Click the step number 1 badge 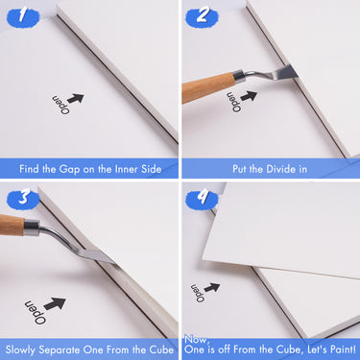click(x=24, y=14)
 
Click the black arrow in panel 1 click(x=75, y=98)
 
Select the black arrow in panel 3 click(x=55, y=303)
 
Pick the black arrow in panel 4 click(x=211, y=287)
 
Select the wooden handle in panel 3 click(x=11, y=227)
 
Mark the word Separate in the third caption click(x=68, y=348)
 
